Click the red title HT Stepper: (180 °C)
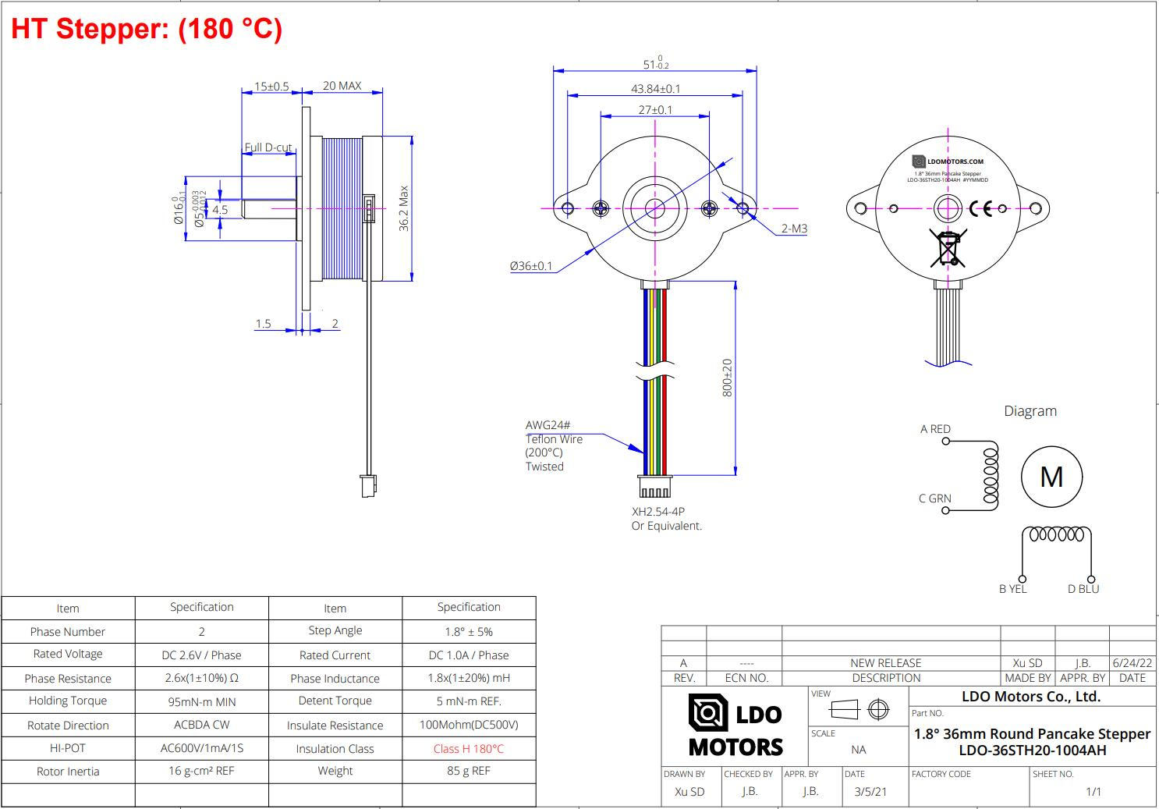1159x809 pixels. click(147, 29)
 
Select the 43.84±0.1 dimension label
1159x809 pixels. click(655, 89)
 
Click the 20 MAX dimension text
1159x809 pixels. click(342, 86)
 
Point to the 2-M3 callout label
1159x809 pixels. click(794, 229)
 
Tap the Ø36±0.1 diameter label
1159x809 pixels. click(530, 266)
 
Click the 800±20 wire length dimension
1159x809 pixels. click(727, 378)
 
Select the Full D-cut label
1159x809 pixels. click(268, 147)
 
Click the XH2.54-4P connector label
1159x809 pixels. click(657, 512)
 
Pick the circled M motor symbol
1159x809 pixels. click(1051, 477)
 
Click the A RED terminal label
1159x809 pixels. click(935, 429)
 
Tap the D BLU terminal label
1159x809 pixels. click(1083, 589)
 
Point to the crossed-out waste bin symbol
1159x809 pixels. click(948, 248)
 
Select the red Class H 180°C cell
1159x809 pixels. click(469, 749)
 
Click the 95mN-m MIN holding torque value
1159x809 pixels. click(201, 701)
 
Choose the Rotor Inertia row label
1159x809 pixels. click(68, 772)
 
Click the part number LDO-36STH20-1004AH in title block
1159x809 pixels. click(1032, 750)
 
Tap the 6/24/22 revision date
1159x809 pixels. click(1132, 663)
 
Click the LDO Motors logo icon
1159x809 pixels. click(708, 713)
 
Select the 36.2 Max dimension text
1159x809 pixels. click(404, 208)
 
